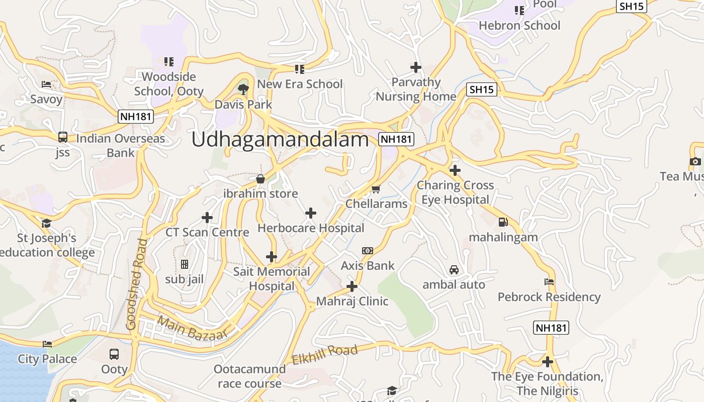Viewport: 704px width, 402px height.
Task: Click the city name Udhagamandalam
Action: point(280,140)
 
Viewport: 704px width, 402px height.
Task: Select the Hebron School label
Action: point(519,26)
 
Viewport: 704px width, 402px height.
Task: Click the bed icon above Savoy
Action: point(46,84)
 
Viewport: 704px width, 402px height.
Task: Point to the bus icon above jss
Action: point(63,137)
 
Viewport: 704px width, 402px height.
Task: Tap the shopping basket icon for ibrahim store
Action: point(260,179)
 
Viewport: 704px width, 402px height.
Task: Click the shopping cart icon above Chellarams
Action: point(376,189)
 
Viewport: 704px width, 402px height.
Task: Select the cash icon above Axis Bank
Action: point(368,251)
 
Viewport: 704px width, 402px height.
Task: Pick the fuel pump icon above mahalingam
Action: point(503,222)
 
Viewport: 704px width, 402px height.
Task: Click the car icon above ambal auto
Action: point(454,270)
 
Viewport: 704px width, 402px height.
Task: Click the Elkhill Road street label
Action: point(325,354)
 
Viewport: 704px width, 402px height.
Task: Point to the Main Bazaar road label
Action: point(193,329)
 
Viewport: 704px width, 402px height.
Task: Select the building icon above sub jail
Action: point(185,264)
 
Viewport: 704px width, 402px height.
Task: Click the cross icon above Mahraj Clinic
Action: point(352,287)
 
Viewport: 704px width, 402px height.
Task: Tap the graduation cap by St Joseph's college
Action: point(46,223)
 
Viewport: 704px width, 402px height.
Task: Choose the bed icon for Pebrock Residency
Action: point(549,282)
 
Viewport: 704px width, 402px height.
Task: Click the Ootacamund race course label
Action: point(249,376)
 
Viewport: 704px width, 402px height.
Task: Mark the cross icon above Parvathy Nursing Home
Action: point(416,67)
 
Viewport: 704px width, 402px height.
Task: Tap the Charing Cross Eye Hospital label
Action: point(455,192)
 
